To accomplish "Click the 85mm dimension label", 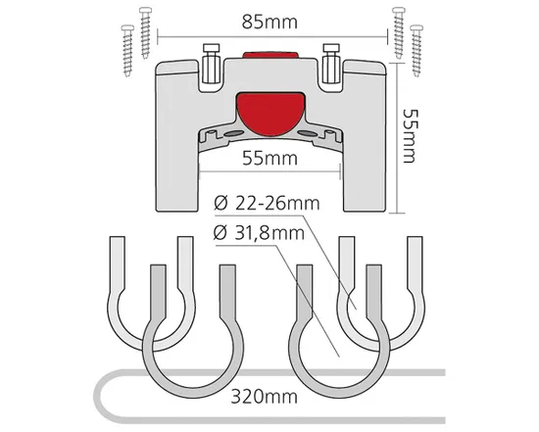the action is click(269, 23).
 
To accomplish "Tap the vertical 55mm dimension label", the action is click(409, 136).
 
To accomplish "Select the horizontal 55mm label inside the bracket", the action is click(269, 159).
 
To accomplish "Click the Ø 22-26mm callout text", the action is click(267, 203).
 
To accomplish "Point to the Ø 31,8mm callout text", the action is click(259, 233).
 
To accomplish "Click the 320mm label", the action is click(264, 397).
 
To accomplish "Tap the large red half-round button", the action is click(270, 113).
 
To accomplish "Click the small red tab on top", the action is click(270, 55).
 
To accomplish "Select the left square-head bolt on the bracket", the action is click(211, 64).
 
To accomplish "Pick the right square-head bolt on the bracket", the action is click(331, 64).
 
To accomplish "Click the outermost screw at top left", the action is click(127, 51).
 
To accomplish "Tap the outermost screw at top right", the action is click(416, 51).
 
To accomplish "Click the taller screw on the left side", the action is click(145, 32).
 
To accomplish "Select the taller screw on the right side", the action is click(399, 32).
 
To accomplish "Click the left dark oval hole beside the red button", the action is click(232, 133).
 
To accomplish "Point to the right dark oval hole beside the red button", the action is click(307, 133).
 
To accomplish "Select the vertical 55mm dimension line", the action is click(397, 137).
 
